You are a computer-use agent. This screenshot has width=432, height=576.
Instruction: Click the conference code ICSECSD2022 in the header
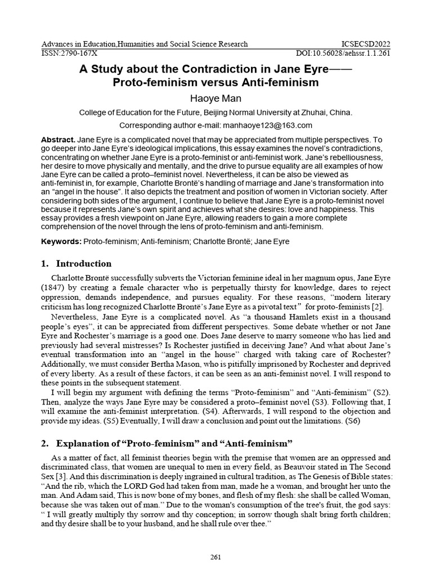(x=366, y=44)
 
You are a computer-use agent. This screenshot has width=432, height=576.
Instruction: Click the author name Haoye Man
(x=215, y=98)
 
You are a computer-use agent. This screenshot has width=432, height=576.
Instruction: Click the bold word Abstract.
(x=58, y=139)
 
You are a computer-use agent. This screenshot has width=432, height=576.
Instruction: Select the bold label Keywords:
(x=61, y=241)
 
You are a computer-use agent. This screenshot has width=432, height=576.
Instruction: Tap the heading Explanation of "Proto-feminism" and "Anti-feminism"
(x=174, y=444)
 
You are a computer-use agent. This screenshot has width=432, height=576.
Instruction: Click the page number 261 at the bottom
(x=216, y=557)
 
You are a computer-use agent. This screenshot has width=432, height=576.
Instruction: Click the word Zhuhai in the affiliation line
(x=313, y=112)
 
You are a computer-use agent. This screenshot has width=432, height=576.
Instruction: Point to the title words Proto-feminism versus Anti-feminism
(x=215, y=82)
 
